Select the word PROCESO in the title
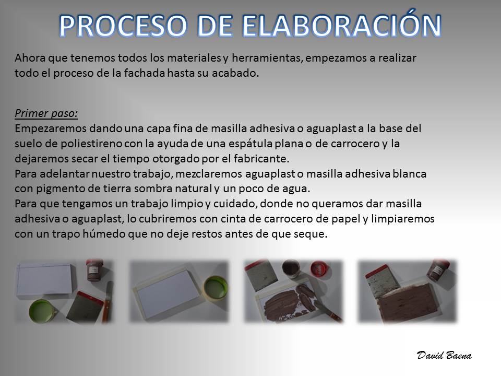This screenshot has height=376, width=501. coord(123,25)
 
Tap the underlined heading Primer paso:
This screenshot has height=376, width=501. coord(46,113)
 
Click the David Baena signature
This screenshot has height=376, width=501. coord(444,355)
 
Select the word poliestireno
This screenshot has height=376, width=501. coord(91,144)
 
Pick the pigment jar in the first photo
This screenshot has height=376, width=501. coord(94,271)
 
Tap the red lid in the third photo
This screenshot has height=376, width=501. coord(318,268)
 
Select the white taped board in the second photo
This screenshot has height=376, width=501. coord(169,291)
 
